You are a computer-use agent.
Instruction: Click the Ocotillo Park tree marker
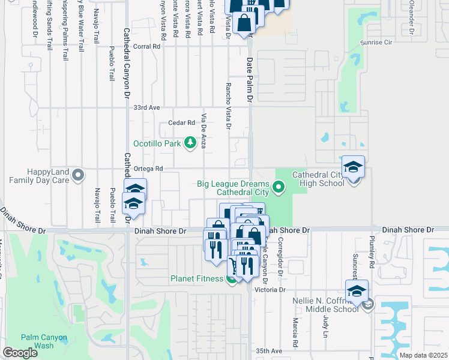tap(190, 142)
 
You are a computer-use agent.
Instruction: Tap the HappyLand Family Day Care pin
tap(77, 175)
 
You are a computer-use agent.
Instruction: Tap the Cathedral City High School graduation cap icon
tap(354, 166)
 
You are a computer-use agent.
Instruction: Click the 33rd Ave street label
tap(146, 107)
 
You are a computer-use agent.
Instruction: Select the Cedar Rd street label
tap(182, 122)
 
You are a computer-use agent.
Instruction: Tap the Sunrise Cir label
tap(376, 43)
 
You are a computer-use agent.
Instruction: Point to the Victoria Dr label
tap(270, 290)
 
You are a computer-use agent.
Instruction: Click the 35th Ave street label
tap(268, 350)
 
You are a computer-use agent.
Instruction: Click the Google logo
tap(20, 353)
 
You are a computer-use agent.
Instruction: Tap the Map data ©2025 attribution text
tap(423, 355)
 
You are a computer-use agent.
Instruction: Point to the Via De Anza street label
tap(204, 131)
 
